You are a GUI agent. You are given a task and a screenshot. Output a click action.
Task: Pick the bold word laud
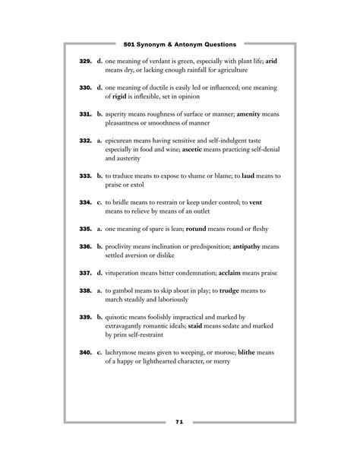[x=254, y=176]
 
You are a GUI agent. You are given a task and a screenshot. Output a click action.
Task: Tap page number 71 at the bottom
[x=179, y=422]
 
